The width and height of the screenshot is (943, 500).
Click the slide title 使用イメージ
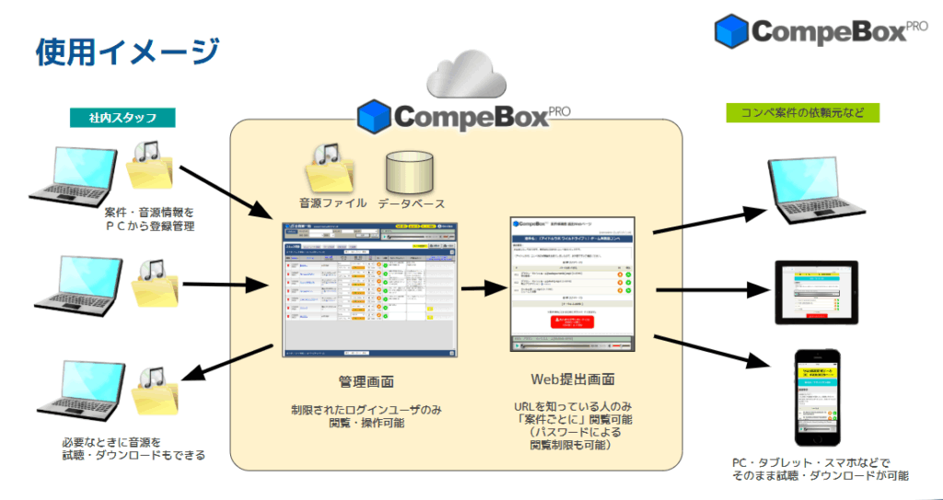point(127,52)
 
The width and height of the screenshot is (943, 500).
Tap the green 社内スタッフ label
point(122,118)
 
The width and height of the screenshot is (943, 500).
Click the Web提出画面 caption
point(573,379)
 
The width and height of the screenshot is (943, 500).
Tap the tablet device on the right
point(819,292)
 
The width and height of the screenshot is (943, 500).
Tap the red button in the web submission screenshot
point(573,320)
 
